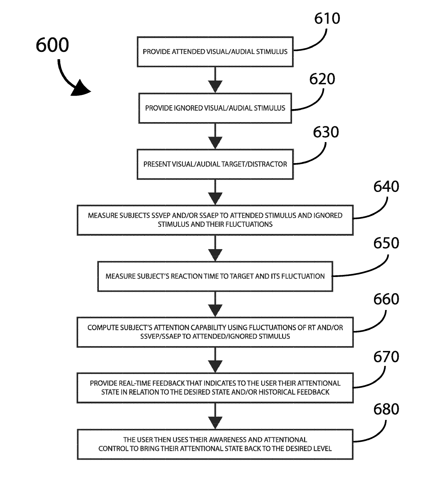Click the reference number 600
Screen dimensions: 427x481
[52, 45]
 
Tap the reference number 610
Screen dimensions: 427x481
[327, 18]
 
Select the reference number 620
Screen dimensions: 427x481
[322, 79]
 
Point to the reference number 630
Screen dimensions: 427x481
[326, 132]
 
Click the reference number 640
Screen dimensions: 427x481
[386, 186]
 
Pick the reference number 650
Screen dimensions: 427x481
[386, 243]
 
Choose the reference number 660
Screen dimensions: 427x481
[386, 299]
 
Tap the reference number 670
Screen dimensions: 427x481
[386, 356]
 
